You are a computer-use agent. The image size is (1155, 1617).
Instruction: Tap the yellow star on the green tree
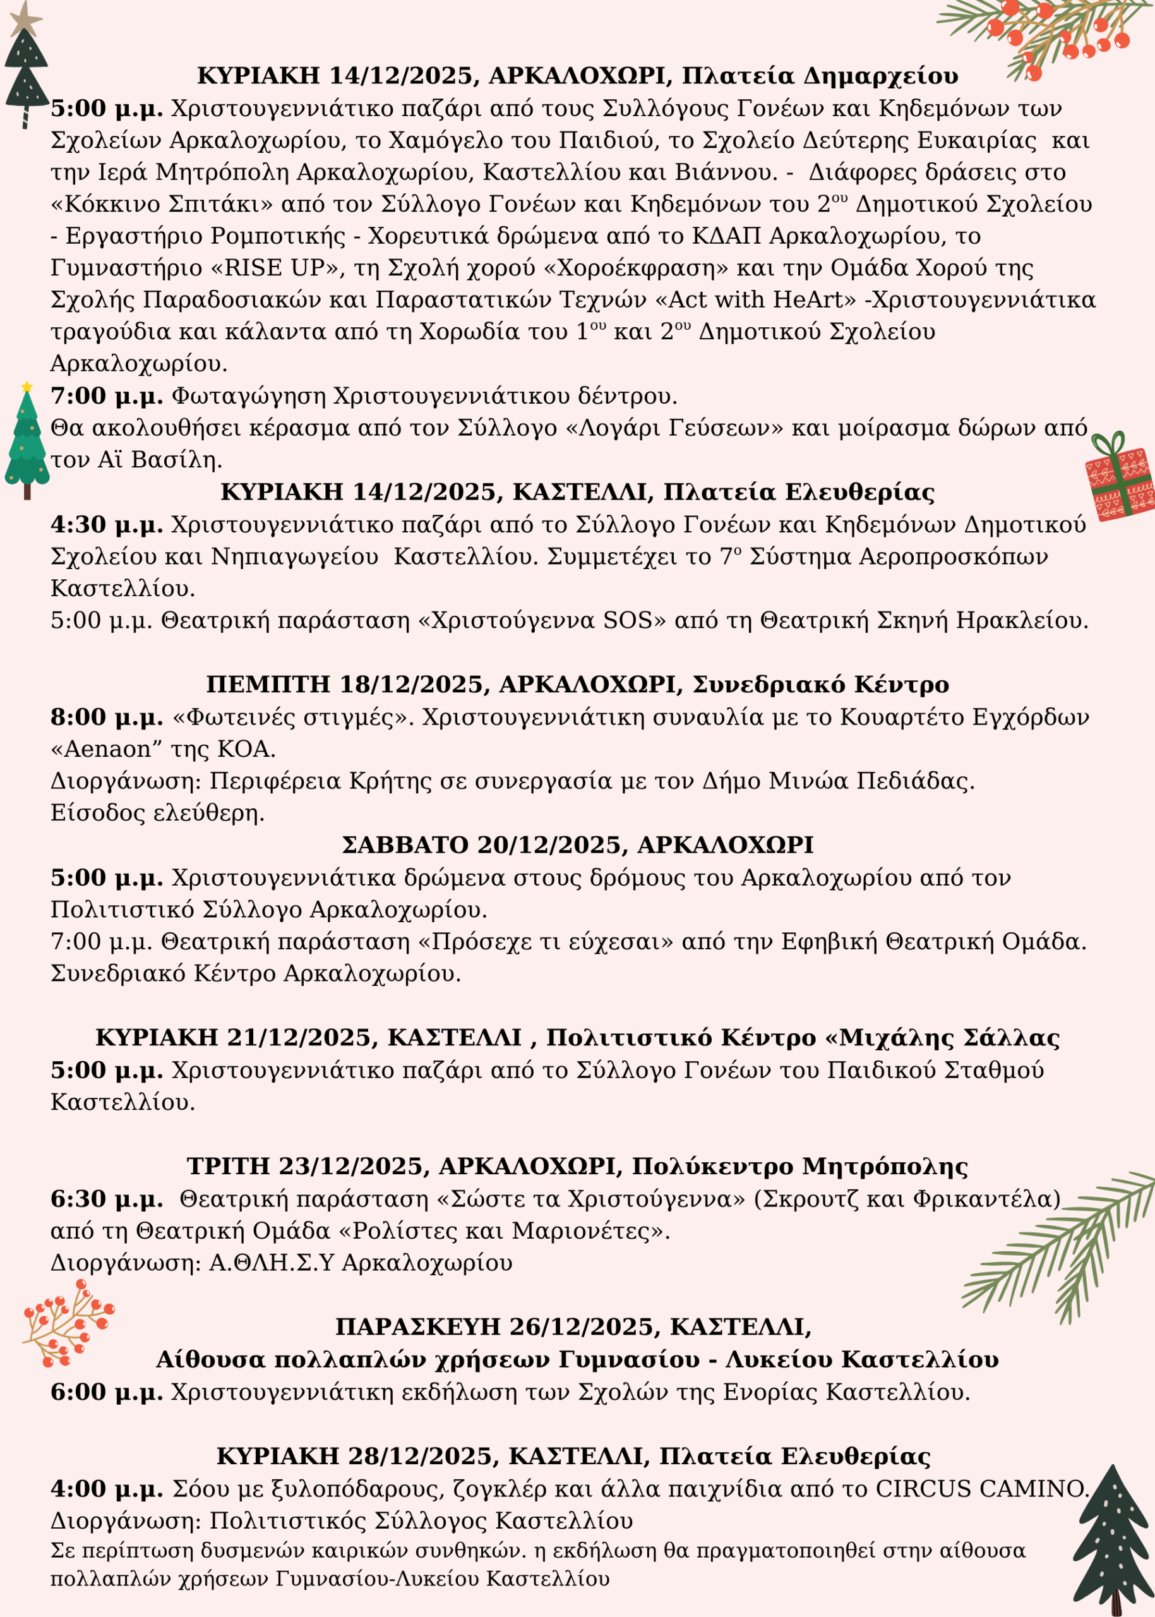tap(27, 387)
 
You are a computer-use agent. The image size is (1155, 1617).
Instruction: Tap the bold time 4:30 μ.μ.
tap(107, 525)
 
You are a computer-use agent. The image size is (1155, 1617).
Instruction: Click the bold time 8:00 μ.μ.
tap(107, 717)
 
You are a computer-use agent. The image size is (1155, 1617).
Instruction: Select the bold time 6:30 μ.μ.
tap(107, 1199)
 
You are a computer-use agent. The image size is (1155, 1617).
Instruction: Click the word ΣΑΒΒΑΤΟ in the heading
tap(405, 845)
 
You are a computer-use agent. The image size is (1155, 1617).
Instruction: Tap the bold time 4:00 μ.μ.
tap(107, 1489)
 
